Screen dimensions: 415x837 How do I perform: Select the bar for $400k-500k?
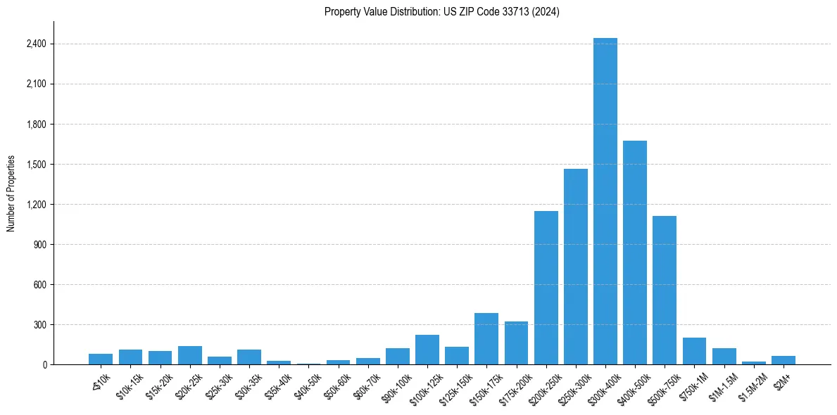click(635, 253)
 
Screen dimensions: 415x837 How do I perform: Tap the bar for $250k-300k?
click(576, 267)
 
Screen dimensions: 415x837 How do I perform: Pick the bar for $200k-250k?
click(546, 288)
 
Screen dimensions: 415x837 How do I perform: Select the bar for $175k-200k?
click(516, 343)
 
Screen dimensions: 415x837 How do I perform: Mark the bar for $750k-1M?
click(694, 351)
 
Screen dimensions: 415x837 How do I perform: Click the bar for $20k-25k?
click(190, 355)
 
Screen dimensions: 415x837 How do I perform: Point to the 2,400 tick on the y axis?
click(36, 44)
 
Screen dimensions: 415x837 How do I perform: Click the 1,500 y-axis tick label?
click(36, 165)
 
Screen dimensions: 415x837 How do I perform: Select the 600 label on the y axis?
click(39, 285)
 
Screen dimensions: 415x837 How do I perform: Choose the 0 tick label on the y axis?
click(44, 365)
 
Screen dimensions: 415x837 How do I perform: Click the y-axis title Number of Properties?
click(11, 193)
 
